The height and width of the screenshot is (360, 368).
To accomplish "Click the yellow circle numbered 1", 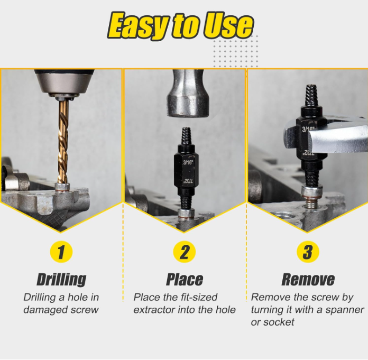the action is [61, 252].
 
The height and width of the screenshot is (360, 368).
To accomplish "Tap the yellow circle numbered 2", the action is [185, 252].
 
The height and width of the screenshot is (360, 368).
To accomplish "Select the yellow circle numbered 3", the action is [308, 252].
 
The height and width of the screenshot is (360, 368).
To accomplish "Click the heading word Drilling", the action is [61, 279].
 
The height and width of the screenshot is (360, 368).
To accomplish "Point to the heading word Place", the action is [185, 279].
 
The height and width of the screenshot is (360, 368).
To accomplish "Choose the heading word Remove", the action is [308, 279].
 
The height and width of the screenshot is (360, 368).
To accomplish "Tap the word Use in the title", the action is [228, 25].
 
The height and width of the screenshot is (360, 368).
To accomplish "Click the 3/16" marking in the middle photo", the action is [188, 162].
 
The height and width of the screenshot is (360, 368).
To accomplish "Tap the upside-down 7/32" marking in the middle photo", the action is [188, 181].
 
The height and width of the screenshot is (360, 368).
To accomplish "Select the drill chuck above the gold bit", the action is [64, 84].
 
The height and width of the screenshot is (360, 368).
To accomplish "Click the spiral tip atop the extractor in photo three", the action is [311, 95].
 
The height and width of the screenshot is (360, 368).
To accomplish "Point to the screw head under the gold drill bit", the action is [62, 187].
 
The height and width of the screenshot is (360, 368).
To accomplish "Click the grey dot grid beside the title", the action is [235, 51].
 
